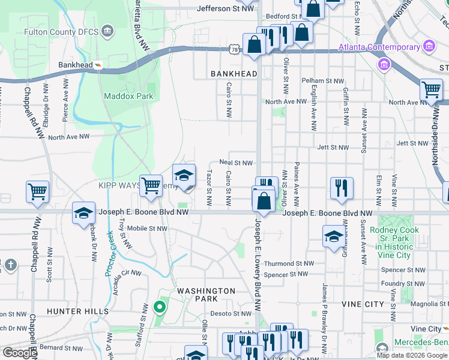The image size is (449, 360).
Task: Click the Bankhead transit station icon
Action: tap(98, 65)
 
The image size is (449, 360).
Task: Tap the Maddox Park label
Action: tap(128, 96)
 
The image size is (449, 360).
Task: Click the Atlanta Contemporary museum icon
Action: tap(429, 47)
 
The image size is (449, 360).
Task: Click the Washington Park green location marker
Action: tap(159, 308)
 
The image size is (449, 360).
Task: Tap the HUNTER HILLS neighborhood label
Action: tap(78, 311)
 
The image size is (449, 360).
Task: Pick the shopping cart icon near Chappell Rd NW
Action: tap(37, 192)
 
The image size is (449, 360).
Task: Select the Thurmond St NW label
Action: tap(289, 263)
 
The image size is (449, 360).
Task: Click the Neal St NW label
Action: tap(236, 162)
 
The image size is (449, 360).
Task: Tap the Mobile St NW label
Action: tap(146, 228)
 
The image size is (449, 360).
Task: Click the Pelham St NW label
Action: tap(323, 80)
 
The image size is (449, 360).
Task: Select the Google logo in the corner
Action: tap(20, 353)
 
